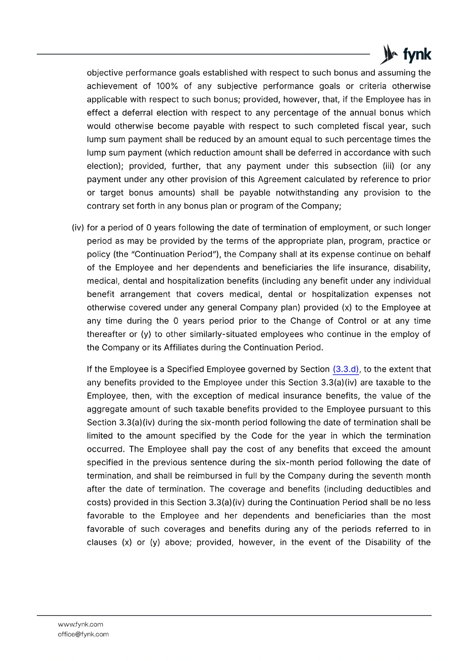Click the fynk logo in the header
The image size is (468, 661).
[x=406, y=55]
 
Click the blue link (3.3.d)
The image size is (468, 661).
[x=346, y=369]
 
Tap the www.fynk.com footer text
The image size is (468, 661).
[x=80, y=624]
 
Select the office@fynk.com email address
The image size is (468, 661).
[x=83, y=634]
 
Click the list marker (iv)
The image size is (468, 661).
[x=78, y=228]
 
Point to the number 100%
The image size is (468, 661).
[x=167, y=86]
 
